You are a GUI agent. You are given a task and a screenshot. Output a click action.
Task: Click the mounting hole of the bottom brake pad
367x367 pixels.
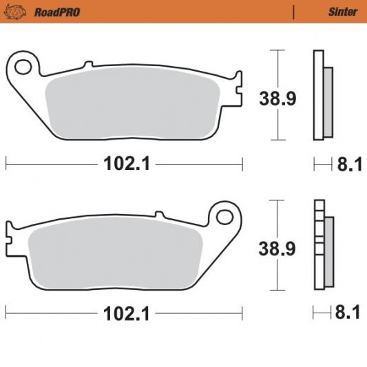pyautogui.click(x=224, y=217)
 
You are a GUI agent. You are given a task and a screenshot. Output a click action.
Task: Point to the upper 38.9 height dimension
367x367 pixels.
pyautogui.click(x=277, y=98)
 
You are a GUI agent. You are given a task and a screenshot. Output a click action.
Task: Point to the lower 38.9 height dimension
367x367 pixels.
pyautogui.click(x=277, y=249)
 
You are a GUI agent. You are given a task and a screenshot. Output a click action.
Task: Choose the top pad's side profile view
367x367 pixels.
pyautogui.click(x=322, y=94)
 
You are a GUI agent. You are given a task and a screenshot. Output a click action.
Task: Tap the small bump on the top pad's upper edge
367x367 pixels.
pyautogui.click(x=88, y=65)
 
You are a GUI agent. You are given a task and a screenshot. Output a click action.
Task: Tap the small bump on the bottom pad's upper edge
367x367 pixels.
pyautogui.click(x=159, y=216)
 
